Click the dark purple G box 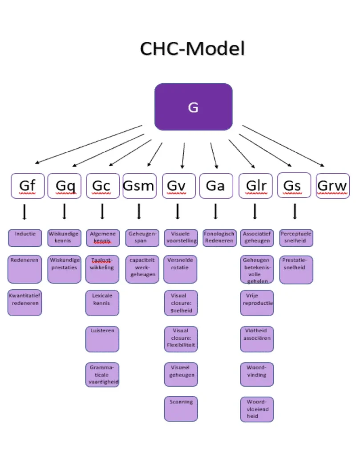tap(193, 107)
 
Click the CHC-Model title tap(192, 49)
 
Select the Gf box tap(27, 186)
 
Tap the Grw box tap(332, 186)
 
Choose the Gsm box tap(139, 186)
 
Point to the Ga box tap(216, 186)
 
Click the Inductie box tap(25, 238)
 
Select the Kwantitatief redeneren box tap(25, 303)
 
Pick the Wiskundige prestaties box tap(64, 269)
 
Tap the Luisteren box tap(102, 339)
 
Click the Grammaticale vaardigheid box tap(102, 375)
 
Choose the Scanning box tap(181, 408)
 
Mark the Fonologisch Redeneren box tap(218, 238)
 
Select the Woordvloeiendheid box tap(257, 409)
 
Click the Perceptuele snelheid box tap(296, 238)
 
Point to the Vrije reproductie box tap(257, 303)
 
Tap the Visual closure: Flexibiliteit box tap(181, 339)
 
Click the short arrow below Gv tap(178, 212)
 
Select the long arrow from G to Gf tap(89, 144)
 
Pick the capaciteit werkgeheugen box tap(142, 269)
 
